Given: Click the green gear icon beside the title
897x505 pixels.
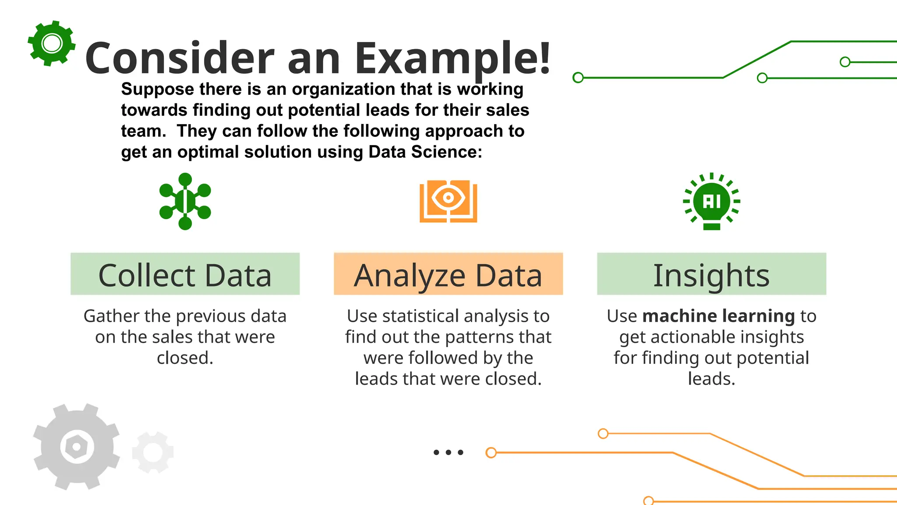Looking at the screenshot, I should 52,43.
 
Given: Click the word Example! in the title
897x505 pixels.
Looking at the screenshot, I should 452,58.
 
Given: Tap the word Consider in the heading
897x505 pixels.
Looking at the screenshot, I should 180,58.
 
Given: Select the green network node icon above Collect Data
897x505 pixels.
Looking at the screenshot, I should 185,201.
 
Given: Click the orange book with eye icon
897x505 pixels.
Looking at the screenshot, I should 448,201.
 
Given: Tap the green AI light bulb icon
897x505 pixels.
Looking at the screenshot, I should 711,201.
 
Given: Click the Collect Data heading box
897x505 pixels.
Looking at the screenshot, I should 185,274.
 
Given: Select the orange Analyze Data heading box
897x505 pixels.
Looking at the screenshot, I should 448,274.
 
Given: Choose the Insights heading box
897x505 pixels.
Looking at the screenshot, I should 711,274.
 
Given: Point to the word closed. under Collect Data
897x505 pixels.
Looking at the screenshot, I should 185,358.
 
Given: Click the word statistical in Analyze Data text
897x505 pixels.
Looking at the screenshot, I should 420,316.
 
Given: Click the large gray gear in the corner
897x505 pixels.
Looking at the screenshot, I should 77,447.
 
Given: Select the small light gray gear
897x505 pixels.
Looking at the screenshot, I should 153,452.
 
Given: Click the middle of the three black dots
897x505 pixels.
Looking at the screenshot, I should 448,452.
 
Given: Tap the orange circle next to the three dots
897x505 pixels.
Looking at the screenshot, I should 491,452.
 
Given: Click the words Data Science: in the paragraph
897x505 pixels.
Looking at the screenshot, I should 425,152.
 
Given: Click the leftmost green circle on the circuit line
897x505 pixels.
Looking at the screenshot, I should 578,78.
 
